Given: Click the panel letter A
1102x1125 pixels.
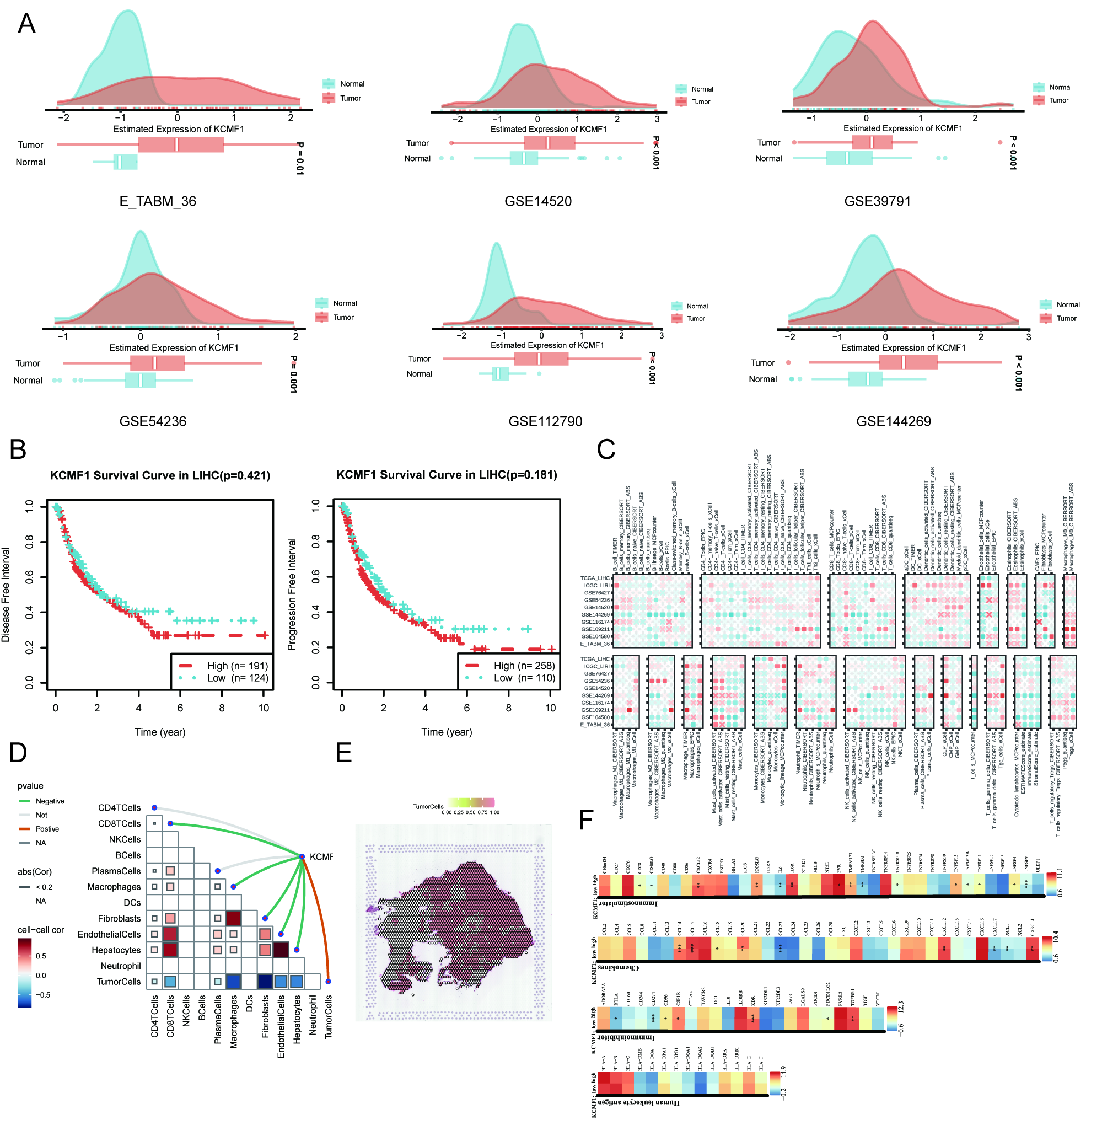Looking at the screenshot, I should tap(26, 24).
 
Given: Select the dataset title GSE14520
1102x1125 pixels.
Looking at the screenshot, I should tap(537, 201).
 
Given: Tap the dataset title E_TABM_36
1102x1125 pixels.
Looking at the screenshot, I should tap(158, 201).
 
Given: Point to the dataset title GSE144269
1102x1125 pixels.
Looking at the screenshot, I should tap(893, 421).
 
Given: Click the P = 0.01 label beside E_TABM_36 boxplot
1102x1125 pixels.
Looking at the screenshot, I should tap(300, 158).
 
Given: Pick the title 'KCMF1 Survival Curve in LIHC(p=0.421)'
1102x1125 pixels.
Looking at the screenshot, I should tap(160, 475).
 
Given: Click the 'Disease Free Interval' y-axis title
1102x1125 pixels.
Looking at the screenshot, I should tap(6, 594).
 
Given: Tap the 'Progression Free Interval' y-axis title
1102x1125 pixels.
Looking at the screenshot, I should tap(292, 594).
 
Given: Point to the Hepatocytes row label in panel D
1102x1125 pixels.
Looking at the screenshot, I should tap(116, 950).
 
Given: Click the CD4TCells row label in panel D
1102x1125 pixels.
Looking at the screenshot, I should tap(119, 808).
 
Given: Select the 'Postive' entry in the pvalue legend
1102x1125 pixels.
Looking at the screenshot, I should tap(47, 829).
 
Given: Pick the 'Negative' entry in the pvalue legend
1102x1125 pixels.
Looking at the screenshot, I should tap(50, 801).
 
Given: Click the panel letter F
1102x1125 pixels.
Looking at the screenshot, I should tap(587, 820).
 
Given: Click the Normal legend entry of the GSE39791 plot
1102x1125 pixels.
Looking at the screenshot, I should tap(1060, 88).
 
